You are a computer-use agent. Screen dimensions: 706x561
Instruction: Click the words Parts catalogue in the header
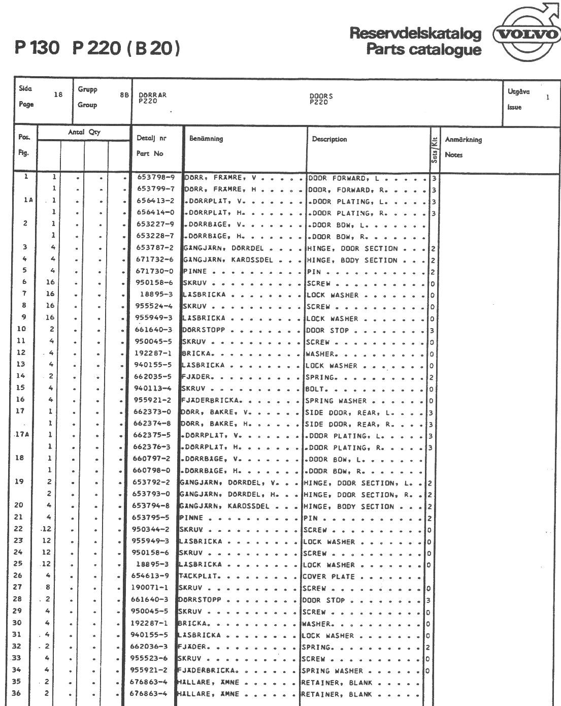click(423, 50)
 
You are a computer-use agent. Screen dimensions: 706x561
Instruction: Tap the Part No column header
click(150, 153)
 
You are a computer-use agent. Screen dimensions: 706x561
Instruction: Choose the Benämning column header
click(206, 139)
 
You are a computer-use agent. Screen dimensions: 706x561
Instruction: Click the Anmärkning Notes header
click(463, 147)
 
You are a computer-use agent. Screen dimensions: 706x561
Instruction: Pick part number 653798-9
click(155, 178)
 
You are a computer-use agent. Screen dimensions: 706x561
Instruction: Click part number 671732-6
click(155, 260)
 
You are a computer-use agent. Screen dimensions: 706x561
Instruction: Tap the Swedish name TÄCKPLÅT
click(199, 576)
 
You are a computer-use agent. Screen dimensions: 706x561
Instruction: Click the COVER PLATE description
click(328, 577)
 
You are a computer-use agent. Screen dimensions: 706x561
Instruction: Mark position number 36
click(17, 694)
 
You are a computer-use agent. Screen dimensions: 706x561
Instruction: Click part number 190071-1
click(150, 588)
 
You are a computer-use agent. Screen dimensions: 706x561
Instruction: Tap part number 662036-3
click(150, 647)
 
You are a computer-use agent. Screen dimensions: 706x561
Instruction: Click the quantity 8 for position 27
click(48, 588)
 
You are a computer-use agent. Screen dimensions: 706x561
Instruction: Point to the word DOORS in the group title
click(321, 95)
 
